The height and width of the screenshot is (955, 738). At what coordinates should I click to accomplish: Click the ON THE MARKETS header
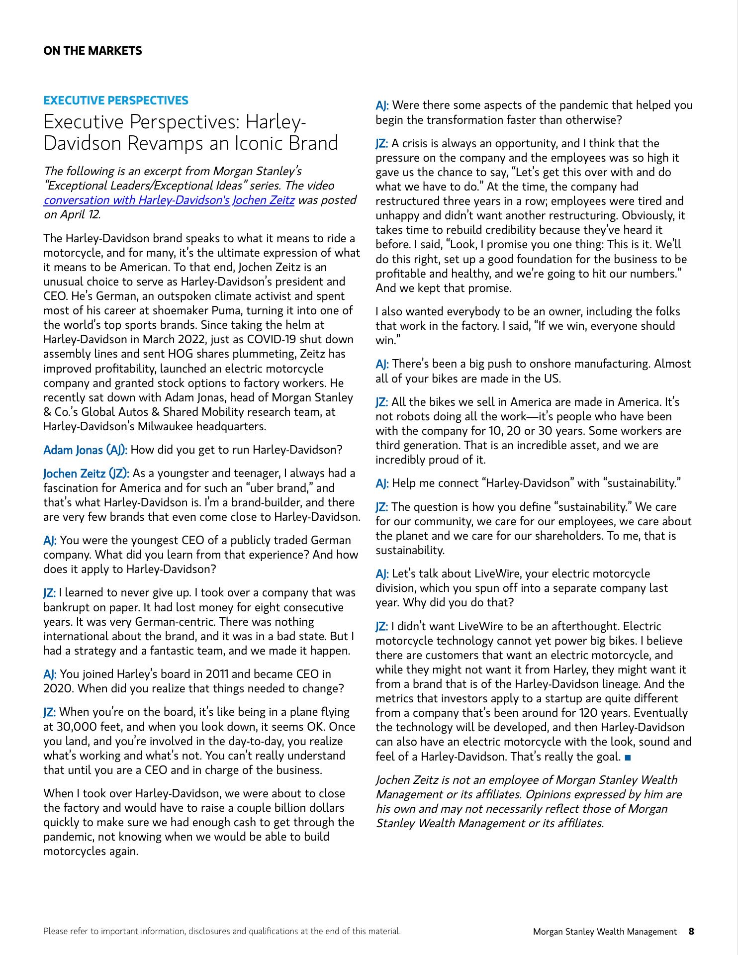92,51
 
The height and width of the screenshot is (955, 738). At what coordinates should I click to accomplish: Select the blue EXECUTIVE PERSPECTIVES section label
116,100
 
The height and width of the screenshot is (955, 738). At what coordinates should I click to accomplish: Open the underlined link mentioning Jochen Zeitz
169,200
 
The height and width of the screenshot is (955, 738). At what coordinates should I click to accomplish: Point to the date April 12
80,214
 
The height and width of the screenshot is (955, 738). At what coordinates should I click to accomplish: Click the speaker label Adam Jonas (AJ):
86,450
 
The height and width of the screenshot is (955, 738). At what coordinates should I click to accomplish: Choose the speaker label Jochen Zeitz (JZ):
87,474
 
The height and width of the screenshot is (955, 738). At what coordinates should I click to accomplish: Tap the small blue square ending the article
627,758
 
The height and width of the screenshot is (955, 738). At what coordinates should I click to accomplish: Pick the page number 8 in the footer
691,931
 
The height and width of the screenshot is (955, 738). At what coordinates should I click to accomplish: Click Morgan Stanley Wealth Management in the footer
605,932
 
